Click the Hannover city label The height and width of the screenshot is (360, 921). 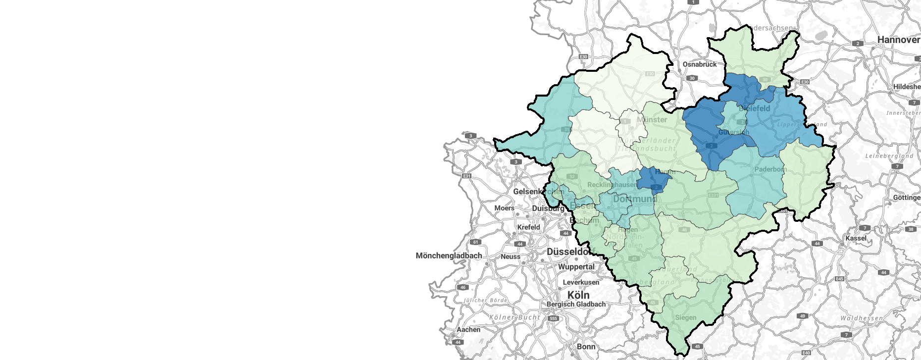coord(898,40)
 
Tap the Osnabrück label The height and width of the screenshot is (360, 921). coord(700,64)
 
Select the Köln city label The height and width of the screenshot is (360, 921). coord(578,295)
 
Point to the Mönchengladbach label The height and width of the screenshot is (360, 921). coord(449,256)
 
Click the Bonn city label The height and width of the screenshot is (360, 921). coord(586,347)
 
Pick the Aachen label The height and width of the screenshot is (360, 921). coord(468,329)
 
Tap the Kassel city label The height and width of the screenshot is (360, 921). coord(856,238)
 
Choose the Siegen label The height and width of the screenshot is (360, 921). coord(686,317)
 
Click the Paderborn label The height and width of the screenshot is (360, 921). coord(770,169)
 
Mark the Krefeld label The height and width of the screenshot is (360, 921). coord(528,227)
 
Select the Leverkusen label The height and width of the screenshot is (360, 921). coord(581,282)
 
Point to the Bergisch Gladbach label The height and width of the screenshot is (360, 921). coord(576,304)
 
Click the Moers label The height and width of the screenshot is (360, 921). coord(504,208)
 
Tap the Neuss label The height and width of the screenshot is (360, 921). coord(511,257)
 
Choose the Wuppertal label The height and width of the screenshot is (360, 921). coord(576,266)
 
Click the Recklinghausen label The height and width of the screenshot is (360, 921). coord(612,185)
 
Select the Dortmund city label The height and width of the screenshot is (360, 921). coord(634,199)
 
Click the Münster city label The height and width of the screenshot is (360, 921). coord(652,120)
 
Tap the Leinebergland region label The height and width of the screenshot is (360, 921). coord(889,156)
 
